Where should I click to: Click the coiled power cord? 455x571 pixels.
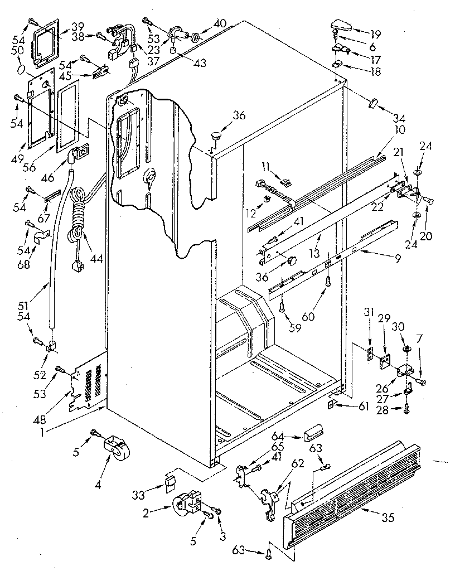point(78,212)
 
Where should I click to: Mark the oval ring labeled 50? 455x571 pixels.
point(21,69)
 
